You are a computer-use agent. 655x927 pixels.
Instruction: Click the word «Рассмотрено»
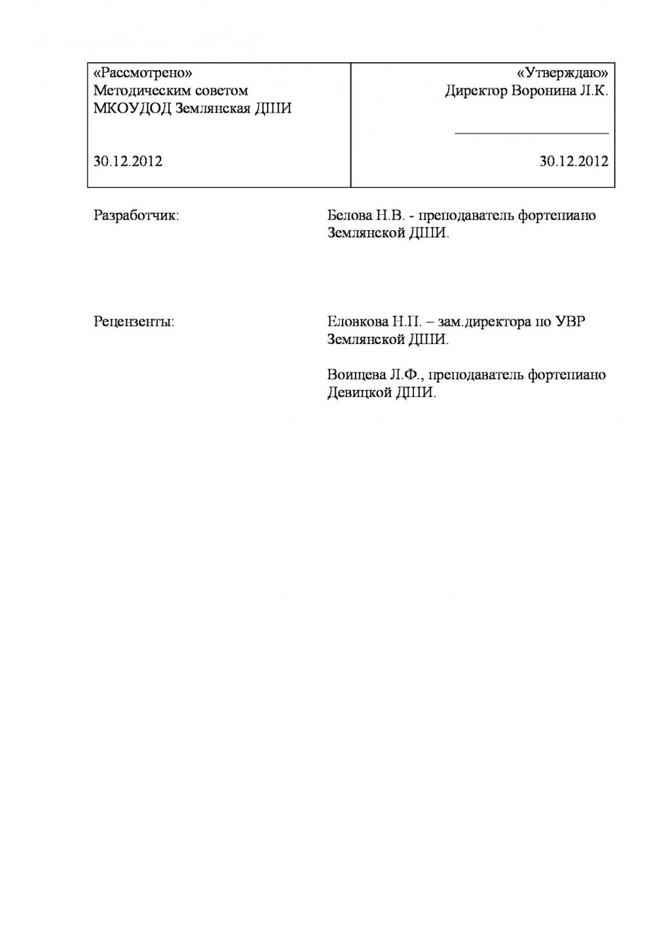(x=142, y=72)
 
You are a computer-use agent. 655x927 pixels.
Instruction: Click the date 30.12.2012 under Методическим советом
(x=128, y=161)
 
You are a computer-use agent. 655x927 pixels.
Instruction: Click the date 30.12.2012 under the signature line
(x=574, y=161)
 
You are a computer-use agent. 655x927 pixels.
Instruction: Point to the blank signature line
(x=532, y=133)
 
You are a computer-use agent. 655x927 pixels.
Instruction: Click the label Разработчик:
(x=136, y=216)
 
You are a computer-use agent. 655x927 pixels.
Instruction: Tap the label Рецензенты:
(x=134, y=322)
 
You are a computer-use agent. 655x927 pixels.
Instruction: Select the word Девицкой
(x=358, y=393)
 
